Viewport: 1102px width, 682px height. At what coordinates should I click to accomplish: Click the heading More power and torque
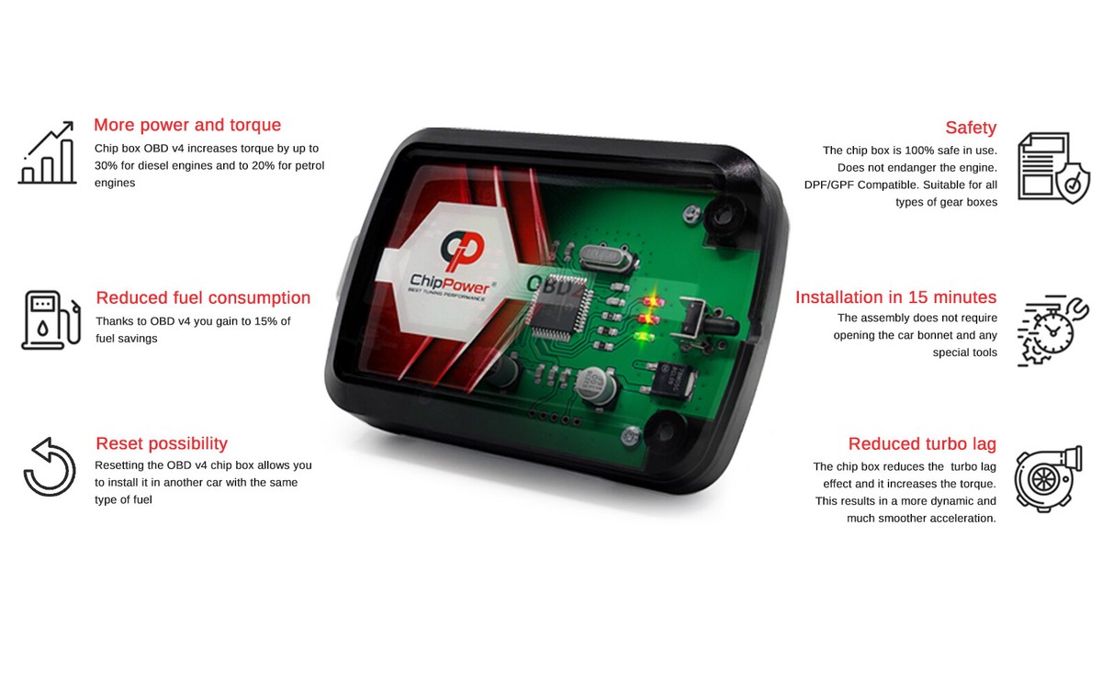click(x=187, y=125)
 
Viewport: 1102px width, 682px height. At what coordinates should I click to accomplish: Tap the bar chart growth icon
click(x=47, y=152)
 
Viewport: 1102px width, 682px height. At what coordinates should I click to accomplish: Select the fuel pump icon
click(x=51, y=320)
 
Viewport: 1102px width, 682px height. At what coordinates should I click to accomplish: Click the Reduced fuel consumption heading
click(x=203, y=297)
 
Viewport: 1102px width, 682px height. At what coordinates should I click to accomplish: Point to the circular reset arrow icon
click(x=50, y=467)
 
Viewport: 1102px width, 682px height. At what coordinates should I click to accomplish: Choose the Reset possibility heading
click(x=162, y=443)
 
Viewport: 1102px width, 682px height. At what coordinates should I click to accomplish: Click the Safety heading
click(x=971, y=128)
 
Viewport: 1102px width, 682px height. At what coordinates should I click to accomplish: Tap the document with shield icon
click(x=1053, y=168)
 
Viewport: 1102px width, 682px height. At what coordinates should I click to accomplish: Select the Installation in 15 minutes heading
click(x=896, y=297)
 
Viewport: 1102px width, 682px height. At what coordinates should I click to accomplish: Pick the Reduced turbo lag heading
click(x=922, y=444)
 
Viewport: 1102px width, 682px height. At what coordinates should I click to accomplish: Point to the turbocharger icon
click(x=1049, y=479)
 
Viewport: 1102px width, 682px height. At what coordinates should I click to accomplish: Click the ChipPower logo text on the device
click(x=450, y=283)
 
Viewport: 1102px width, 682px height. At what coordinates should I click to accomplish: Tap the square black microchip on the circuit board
click(x=558, y=308)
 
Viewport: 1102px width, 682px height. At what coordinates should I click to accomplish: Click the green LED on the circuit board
click(x=644, y=337)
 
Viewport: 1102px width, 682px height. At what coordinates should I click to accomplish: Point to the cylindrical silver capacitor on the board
click(x=596, y=385)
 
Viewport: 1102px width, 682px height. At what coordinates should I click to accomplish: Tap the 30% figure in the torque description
click(x=107, y=166)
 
